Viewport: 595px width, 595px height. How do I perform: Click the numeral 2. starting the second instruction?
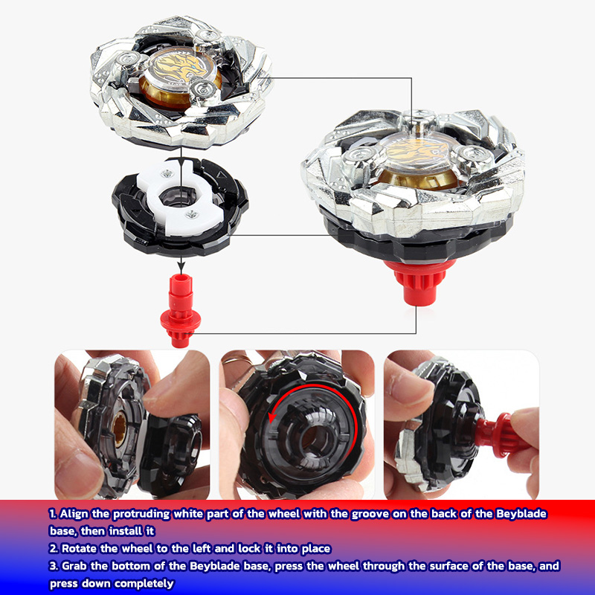[x=54, y=549]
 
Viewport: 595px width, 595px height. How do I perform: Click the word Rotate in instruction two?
[x=83, y=549]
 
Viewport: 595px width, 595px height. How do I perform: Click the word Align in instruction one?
[x=74, y=514]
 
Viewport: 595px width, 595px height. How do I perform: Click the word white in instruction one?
[x=194, y=514]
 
